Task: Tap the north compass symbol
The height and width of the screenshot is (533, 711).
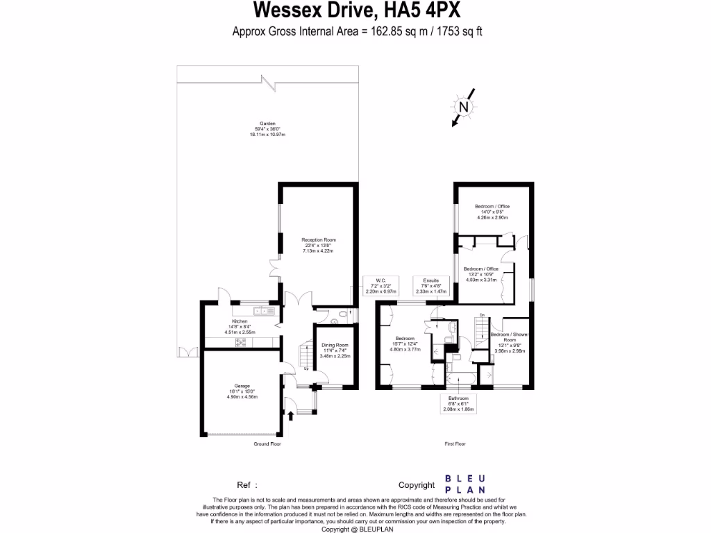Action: point(463,107)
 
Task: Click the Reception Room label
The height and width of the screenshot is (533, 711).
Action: point(313,245)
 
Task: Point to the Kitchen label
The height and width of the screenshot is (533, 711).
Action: point(240,327)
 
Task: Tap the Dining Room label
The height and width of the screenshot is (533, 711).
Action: point(335,350)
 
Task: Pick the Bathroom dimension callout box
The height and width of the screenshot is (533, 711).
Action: point(458,404)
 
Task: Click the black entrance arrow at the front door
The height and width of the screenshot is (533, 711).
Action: point(290,416)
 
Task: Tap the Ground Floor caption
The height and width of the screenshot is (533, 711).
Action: point(267,443)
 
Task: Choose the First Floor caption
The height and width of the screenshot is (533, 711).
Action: point(455,443)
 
